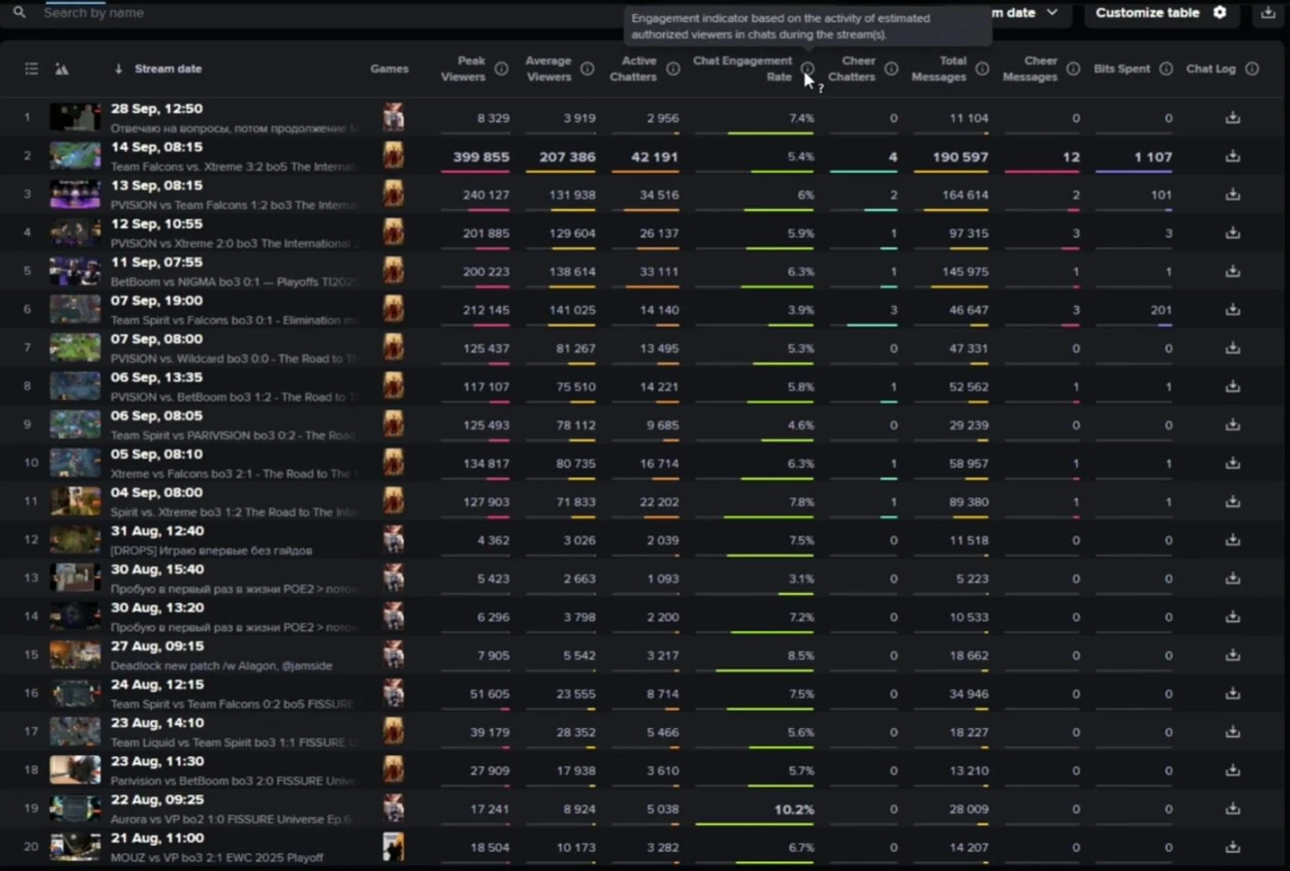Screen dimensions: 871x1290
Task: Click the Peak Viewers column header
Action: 463,69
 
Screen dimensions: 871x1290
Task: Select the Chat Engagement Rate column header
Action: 742,69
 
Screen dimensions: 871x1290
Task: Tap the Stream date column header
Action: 168,69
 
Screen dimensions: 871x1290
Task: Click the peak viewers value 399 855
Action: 481,157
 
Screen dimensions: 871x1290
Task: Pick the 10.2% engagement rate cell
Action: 793,809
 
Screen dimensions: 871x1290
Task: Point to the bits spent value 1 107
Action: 1152,157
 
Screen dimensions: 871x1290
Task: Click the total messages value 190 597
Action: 960,157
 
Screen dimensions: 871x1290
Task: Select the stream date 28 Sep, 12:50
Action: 156,109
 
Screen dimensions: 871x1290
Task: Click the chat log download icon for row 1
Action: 1233,117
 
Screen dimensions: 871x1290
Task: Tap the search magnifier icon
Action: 19,12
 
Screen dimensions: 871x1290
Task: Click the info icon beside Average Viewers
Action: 588,69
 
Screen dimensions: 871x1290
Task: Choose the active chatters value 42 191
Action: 654,157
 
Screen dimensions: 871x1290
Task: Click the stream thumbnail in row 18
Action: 75,770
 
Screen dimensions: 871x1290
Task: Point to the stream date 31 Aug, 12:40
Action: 157,531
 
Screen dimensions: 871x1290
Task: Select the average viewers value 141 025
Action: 572,310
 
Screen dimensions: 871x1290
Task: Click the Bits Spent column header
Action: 1121,69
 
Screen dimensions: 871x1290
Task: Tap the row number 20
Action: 31,846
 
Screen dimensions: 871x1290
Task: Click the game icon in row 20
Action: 393,846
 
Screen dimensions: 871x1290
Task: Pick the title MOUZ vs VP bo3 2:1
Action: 216,858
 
